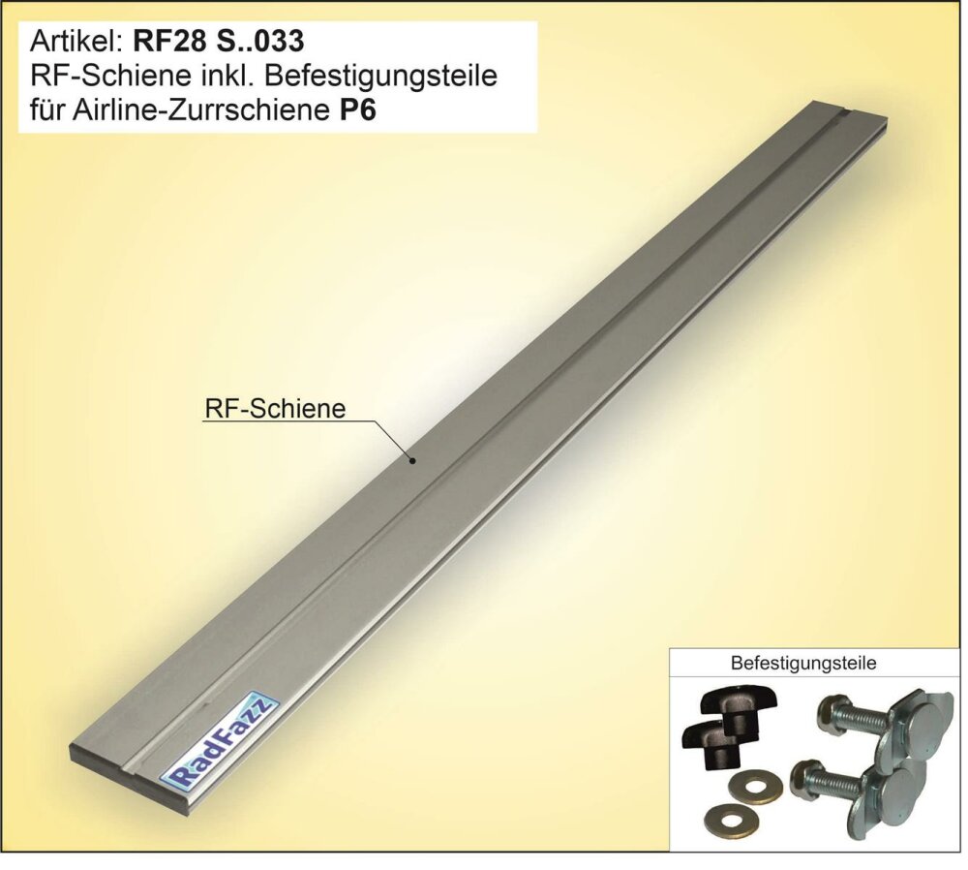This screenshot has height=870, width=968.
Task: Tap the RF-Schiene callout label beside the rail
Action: (x=275, y=409)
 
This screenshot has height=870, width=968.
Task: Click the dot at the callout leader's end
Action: (x=413, y=460)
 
